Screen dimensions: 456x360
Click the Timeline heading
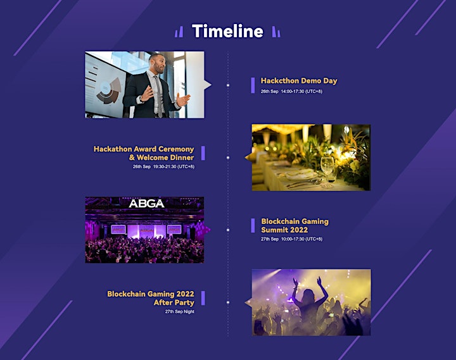(227, 31)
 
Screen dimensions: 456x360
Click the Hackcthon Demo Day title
(299, 81)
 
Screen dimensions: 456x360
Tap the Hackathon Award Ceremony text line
(144, 149)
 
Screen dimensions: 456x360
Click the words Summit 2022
(284, 230)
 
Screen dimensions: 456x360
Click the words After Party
(174, 302)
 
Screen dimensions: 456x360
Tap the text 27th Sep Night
(180, 311)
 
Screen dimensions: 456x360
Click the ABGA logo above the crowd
(146, 203)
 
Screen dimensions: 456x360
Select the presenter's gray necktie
(158, 96)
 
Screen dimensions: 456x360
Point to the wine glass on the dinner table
(327, 172)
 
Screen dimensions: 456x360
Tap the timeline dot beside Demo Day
(228, 85)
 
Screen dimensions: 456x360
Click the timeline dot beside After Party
(228, 302)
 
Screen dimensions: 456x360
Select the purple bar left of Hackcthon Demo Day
(253, 85)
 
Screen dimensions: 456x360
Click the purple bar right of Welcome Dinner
(203, 153)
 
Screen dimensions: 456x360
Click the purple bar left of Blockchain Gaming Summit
(253, 226)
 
